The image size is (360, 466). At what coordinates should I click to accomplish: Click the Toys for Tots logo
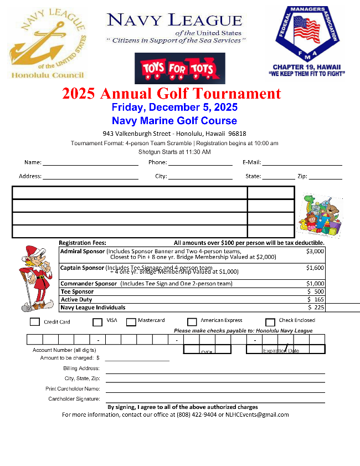(x=179, y=68)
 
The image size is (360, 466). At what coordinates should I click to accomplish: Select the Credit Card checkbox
(x=34, y=322)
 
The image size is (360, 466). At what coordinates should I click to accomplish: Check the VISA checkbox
(x=97, y=322)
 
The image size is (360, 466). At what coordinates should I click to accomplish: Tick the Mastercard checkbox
(x=131, y=322)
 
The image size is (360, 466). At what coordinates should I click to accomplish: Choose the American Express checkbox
(x=192, y=322)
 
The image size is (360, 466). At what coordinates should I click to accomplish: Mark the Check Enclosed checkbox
(x=270, y=322)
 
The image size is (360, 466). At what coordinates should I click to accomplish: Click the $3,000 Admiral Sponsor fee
(x=315, y=251)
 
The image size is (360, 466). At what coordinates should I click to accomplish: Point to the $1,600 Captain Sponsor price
(x=315, y=268)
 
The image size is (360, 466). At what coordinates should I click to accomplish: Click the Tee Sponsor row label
(x=77, y=291)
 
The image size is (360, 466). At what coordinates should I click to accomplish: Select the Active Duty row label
(x=76, y=299)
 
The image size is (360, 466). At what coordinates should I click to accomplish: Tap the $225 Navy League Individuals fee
(x=316, y=307)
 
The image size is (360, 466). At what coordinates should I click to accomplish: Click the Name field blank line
(x=90, y=164)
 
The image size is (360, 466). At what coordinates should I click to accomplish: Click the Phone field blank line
(x=200, y=164)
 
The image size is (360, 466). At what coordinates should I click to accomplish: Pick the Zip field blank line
(x=325, y=178)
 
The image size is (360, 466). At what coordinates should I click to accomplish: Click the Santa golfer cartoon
(x=35, y=278)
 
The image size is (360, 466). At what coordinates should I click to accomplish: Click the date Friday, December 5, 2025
(x=174, y=107)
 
